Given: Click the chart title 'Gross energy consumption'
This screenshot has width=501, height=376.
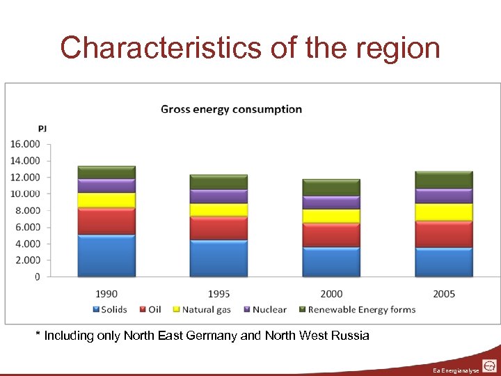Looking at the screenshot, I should (x=231, y=109).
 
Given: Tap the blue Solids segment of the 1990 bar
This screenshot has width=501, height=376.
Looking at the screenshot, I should (x=106, y=256).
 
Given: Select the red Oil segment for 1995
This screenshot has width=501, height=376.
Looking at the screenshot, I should (x=218, y=228).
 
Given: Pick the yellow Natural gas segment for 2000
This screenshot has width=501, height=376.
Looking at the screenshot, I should (x=331, y=217).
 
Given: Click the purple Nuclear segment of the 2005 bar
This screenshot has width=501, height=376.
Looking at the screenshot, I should (x=444, y=196).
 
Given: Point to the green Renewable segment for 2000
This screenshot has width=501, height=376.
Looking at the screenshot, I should (x=331, y=187).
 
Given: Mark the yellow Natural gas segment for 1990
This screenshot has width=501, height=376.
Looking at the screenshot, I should (x=106, y=201).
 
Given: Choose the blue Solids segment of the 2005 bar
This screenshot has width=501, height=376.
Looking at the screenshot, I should (x=444, y=263).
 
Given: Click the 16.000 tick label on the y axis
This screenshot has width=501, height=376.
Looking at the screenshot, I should (x=25, y=144).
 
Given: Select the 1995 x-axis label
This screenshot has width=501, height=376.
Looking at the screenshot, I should (x=218, y=294).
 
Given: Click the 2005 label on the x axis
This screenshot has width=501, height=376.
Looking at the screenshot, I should (x=444, y=294).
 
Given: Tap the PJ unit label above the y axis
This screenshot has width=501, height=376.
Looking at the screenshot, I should (x=42, y=129).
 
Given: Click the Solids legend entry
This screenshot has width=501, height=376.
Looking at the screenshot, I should (x=109, y=309).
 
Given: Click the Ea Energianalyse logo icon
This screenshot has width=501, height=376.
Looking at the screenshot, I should (x=489, y=366).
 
